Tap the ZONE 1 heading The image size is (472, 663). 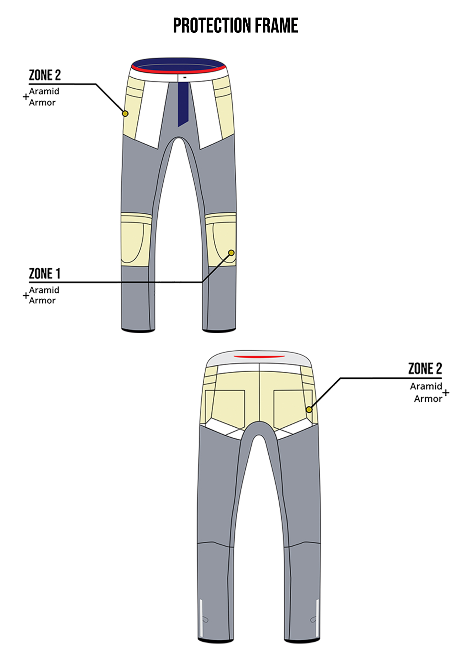tap(45, 274)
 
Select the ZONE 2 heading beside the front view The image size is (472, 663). tap(45, 75)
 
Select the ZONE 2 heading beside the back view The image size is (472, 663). tap(425, 369)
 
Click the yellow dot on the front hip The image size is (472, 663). tap(125, 114)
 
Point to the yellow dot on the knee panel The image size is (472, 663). tap(231, 253)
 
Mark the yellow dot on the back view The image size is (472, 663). tap(309, 410)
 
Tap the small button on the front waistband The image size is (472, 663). tap(185, 78)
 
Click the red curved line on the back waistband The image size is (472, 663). tap(259, 357)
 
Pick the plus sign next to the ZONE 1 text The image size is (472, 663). tap(26, 295)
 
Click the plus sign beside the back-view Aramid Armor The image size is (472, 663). tap(446, 393)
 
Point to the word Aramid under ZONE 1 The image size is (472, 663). tap(44, 290)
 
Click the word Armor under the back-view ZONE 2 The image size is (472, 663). tap(428, 399)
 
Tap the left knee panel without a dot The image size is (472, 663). tap(136, 240)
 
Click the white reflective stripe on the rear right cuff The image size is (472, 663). tap(317, 618)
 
